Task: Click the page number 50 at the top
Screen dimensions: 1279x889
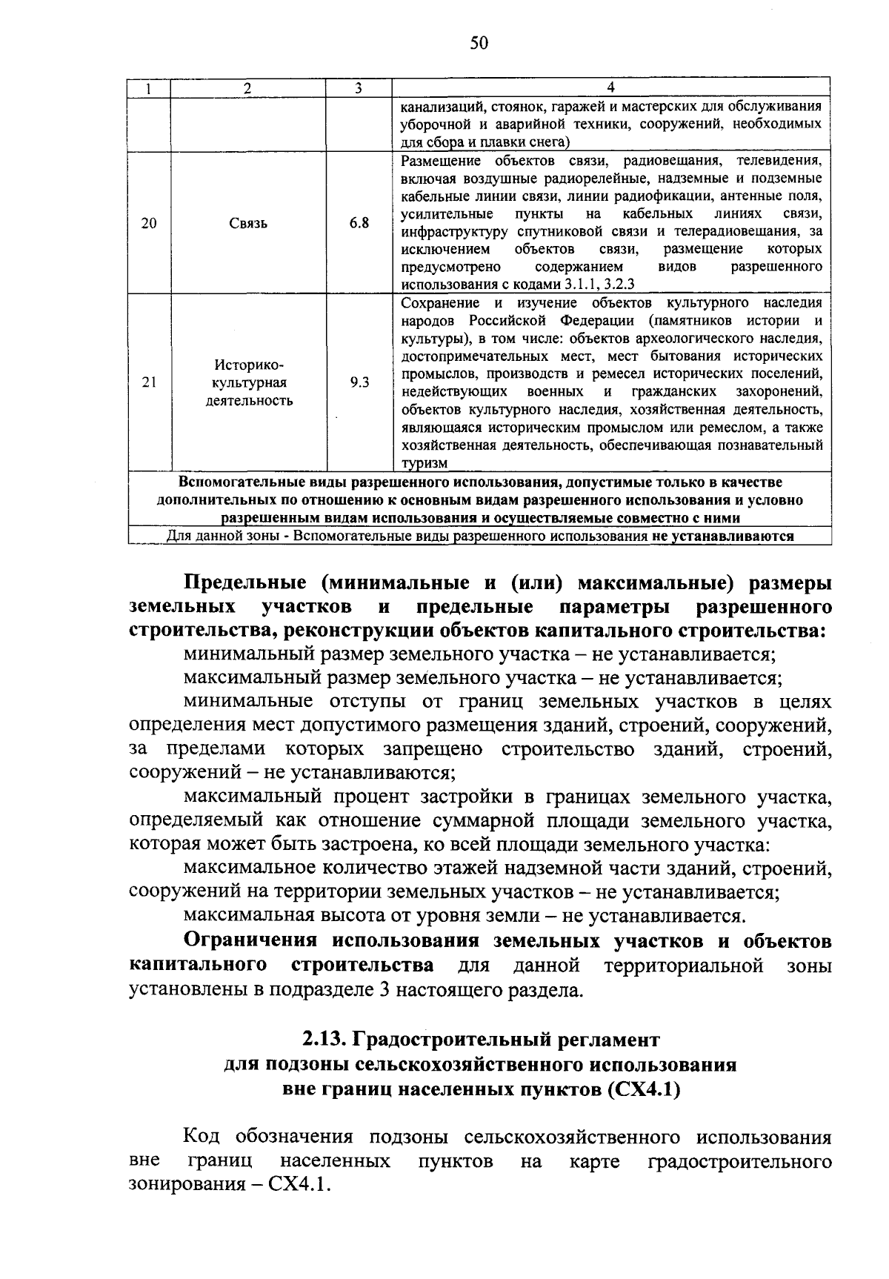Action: [x=479, y=43]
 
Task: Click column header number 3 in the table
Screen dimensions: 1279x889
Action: [x=358, y=88]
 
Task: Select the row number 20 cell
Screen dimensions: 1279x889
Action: [x=149, y=223]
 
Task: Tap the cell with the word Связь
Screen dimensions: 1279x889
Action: [x=248, y=223]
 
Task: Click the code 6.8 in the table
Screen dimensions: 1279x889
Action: [x=359, y=223]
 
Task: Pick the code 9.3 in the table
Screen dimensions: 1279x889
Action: [x=359, y=383]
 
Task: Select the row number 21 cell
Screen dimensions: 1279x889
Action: [x=149, y=383]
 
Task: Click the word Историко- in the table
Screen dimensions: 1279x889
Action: [x=249, y=365]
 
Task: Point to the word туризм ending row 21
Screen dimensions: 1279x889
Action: [x=424, y=463]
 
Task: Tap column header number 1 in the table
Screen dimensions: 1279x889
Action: [x=149, y=88]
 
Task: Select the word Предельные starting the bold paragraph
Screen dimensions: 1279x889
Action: [x=238, y=583]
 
